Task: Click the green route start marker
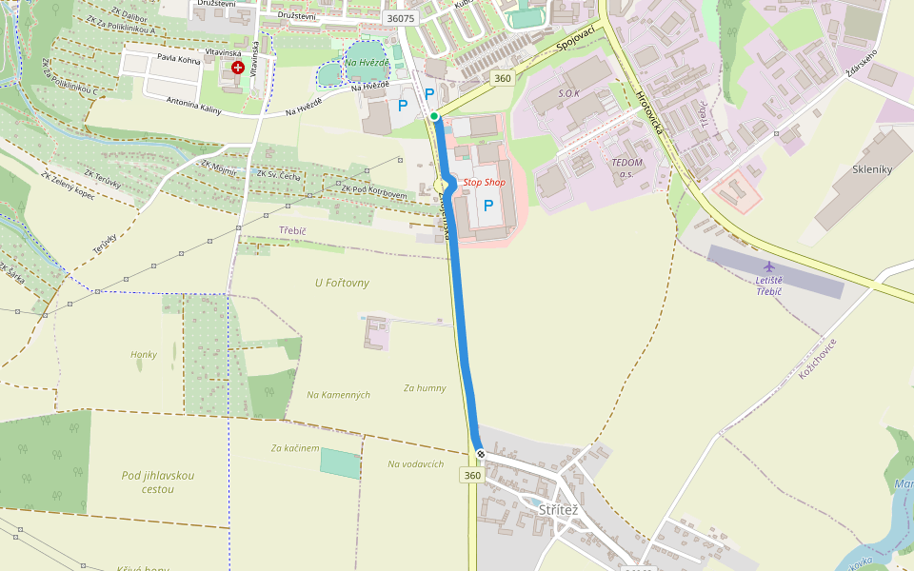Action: point(434,116)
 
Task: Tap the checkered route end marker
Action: point(481,454)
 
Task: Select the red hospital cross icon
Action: point(237,69)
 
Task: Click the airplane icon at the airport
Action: point(768,266)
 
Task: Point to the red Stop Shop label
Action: point(484,182)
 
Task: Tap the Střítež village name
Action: point(559,510)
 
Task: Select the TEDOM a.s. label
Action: point(627,167)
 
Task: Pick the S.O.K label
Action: point(568,94)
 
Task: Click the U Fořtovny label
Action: point(342,283)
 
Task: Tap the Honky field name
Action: point(144,355)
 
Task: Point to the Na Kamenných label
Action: point(338,394)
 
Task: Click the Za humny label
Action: point(425,387)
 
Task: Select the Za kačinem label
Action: point(295,447)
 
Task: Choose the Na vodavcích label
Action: point(415,464)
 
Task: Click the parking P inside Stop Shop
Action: point(489,205)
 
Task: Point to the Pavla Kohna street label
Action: point(179,59)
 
